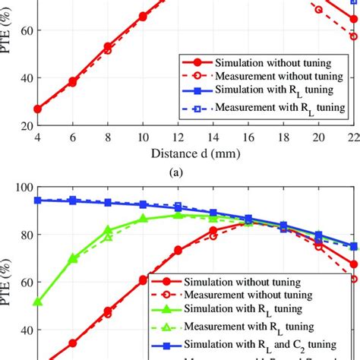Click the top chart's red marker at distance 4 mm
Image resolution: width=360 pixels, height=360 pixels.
pos(37,109)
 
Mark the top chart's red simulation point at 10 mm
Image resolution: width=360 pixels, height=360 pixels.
pos(143,16)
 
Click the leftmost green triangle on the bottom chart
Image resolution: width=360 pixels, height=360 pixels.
pos(37,302)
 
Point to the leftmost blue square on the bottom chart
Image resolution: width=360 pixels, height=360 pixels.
pos(37,201)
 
